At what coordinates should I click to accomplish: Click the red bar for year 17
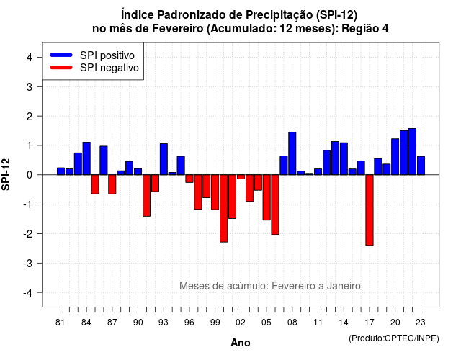click(370, 210)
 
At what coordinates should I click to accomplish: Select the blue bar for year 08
click(292, 153)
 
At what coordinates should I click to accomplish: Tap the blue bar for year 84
click(86, 158)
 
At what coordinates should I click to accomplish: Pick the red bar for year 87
click(112, 184)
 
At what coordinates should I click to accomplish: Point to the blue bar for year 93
click(164, 159)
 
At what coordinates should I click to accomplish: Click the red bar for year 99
click(215, 192)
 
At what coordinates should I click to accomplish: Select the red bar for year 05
click(267, 197)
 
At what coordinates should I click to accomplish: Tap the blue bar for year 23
click(421, 166)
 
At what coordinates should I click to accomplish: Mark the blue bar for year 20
click(395, 157)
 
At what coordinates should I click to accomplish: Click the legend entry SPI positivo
click(93, 55)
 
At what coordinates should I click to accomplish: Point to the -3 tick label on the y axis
click(29, 263)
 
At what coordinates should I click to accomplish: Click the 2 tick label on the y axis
click(30, 117)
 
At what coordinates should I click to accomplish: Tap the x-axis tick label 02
click(241, 323)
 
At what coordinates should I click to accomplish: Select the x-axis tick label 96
click(189, 323)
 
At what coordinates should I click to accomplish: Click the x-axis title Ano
click(241, 343)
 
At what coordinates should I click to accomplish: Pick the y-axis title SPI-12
click(6, 174)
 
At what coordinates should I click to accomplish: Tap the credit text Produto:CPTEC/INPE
click(394, 338)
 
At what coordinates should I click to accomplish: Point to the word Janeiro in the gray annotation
click(344, 286)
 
